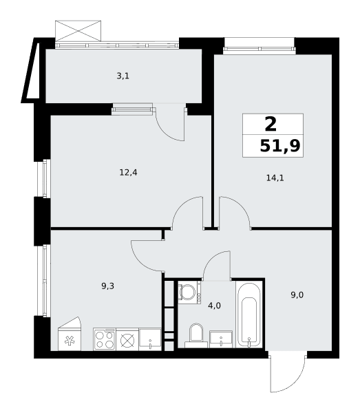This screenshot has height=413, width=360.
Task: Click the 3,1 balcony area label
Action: (123, 76)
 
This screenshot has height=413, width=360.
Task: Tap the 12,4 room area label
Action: (128, 173)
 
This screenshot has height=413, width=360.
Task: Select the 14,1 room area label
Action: (275, 178)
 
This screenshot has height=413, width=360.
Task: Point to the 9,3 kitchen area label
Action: (107, 286)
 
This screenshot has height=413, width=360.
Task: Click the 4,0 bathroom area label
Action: (214, 306)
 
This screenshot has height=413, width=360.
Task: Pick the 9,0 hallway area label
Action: (297, 295)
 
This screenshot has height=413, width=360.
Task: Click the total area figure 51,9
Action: (280, 146)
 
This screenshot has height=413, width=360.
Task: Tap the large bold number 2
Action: (271, 125)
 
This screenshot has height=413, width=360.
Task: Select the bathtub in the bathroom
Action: (249, 315)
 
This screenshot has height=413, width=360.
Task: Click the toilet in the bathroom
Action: (196, 336)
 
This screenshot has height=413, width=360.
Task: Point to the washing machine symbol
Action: (189, 293)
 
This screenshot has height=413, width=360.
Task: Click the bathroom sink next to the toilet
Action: (221, 339)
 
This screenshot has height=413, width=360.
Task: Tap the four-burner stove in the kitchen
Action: (105, 339)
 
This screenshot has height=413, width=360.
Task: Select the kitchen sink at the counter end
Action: (150, 339)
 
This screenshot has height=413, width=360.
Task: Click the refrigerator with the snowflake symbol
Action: (70, 334)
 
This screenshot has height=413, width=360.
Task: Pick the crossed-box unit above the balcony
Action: (78, 30)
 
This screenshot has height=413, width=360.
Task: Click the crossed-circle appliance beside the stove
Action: (127, 341)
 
